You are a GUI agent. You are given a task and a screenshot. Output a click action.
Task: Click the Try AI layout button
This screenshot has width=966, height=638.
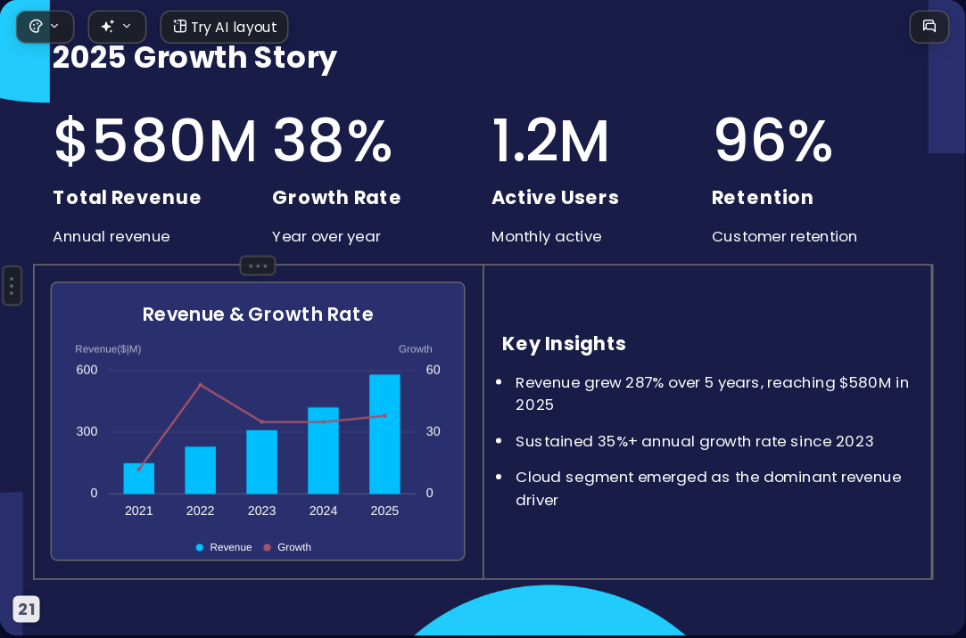point(224,27)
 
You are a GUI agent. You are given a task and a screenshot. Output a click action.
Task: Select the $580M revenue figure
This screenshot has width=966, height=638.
point(155,141)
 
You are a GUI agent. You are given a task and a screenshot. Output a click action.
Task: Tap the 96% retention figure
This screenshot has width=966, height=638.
point(773,141)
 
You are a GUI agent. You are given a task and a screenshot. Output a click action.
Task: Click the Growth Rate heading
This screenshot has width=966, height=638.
point(336,198)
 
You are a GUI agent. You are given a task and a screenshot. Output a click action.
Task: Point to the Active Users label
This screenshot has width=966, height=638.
point(555,198)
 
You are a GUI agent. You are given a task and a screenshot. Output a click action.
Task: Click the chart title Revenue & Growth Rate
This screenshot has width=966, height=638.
point(258,315)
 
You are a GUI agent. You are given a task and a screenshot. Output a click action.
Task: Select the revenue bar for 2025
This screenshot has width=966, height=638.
point(384,434)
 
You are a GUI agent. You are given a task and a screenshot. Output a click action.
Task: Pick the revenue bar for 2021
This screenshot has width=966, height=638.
point(138,478)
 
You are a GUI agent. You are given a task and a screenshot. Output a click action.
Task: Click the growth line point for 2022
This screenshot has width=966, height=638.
point(200,385)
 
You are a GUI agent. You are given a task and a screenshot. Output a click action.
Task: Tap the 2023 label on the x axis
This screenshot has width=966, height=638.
point(262,511)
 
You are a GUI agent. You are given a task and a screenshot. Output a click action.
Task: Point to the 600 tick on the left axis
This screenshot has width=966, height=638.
point(87,370)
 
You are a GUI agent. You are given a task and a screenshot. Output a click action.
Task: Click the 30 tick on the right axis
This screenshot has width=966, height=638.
point(433,431)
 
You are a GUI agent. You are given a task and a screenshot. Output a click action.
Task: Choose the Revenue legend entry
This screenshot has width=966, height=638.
point(224,547)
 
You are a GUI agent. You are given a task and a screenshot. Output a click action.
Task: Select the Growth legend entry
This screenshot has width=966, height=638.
point(287,547)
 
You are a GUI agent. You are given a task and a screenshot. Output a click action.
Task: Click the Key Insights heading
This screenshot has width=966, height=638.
point(564,344)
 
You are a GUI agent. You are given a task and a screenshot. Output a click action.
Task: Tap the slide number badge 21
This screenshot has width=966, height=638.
point(27,609)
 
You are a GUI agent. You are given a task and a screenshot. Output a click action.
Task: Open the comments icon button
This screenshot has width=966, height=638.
point(929,27)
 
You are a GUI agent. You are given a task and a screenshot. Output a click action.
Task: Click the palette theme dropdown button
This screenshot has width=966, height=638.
point(45,27)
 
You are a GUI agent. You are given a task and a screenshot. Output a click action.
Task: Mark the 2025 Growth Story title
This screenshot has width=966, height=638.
point(194,58)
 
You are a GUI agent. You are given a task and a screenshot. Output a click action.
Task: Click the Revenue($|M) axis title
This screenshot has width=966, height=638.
point(108,348)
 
